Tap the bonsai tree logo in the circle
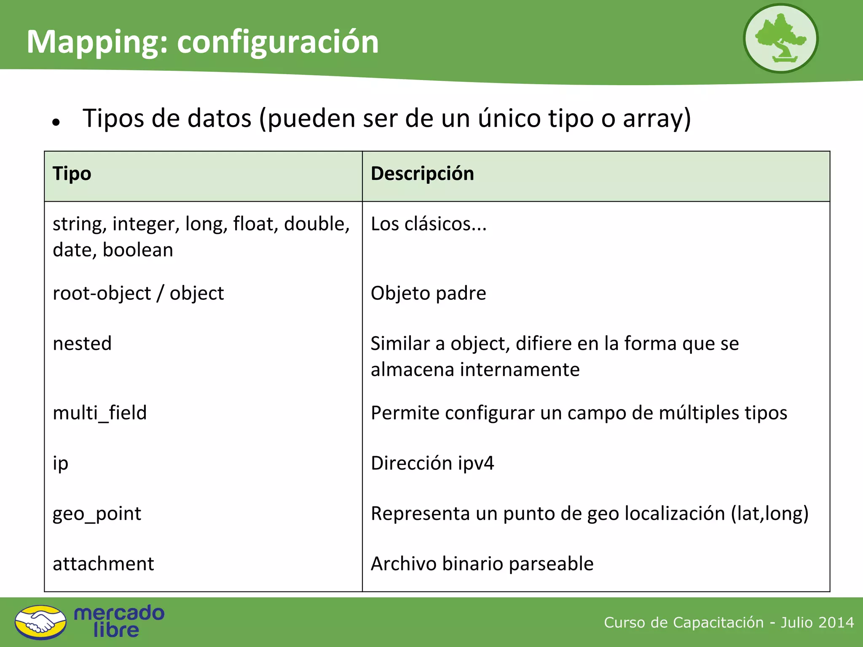pyautogui.click(x=780, y=39)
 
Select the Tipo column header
pyautogui.click(x=72, y=174)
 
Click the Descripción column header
pyautogui.click(x=422, y=174)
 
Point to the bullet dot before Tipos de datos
pyautogui.click(x=56, y=123)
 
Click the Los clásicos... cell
pyautogui.click(x=429, y=224)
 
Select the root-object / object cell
pyautogui.click(x=138, y=294)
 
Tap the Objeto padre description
pyautogui.click(x=428, y=294)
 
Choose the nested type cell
pyautogui.click(x=82, y=344)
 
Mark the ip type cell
pyautogui.click(x=61, y=464)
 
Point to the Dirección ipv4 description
pyautogui.click(x=432, y=463)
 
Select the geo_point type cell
pyautogui.click(x=97, y=514)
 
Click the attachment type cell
pyautogui.click(x=103, y=564)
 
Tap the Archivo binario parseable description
pyautogui.click(x=482, y=564)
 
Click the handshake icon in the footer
pyautogui.click(x=40, y=622)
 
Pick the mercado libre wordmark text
pyautogui.click(x=118, y=621)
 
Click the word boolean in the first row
pyautogui.click(x=138, y=250)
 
